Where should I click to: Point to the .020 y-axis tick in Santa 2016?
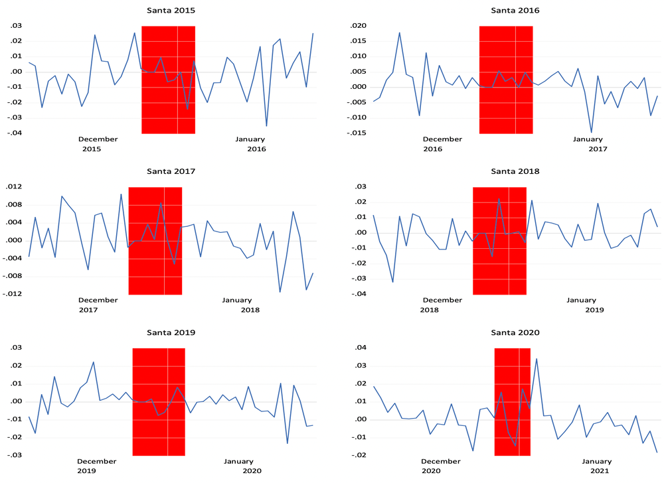pyautogui.click(x=357, y=26)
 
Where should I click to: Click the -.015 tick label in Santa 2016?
pyautogui.click(x=356, y=133)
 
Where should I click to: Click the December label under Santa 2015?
pyautogui.click(x=98, y=139)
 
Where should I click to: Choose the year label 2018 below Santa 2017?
pyautogui.click(x=250, y=310)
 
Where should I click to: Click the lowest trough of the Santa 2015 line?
pyautogui.click(x=267, y=126)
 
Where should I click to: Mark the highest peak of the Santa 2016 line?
pyautogui.click(x=399, y=33)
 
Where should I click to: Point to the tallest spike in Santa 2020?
pyautogui.click(x=537, y=359)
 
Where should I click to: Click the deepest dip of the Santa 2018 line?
pyautogui.click(x=392, y=282)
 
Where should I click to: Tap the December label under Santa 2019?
pyautogui.click(x=97, y=461)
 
